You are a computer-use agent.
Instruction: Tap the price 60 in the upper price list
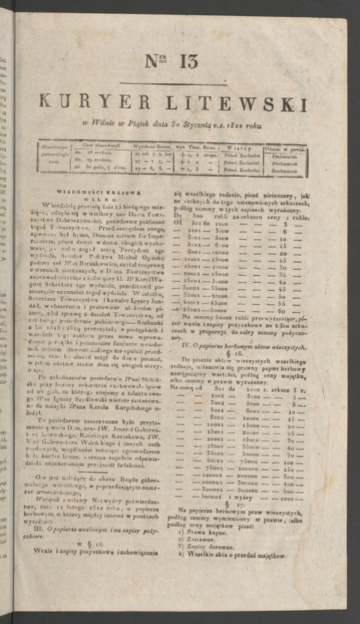[282, 310]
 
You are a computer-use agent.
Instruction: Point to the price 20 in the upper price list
[282, 255]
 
